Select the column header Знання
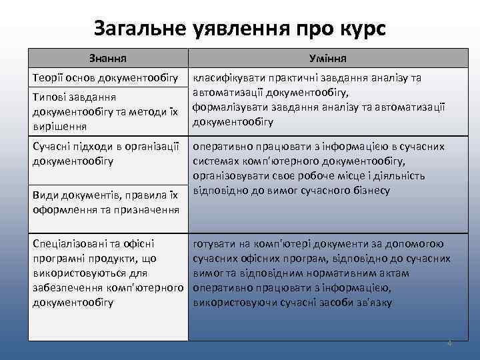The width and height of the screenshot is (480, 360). point(109,58)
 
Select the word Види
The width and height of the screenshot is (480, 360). point(45,195)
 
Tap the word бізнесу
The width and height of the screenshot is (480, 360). point(370,191)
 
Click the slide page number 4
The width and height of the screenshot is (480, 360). point(449,343)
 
